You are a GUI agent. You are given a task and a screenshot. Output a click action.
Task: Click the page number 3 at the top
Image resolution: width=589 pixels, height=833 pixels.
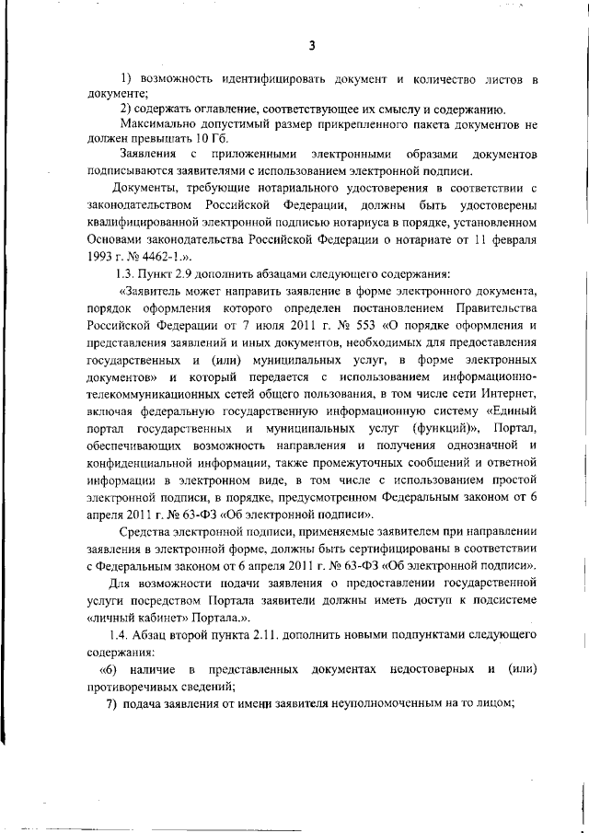312,46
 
